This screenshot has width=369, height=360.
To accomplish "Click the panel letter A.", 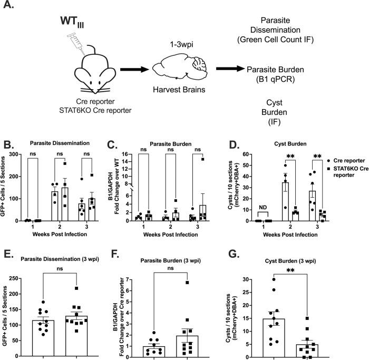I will [9, 9].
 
